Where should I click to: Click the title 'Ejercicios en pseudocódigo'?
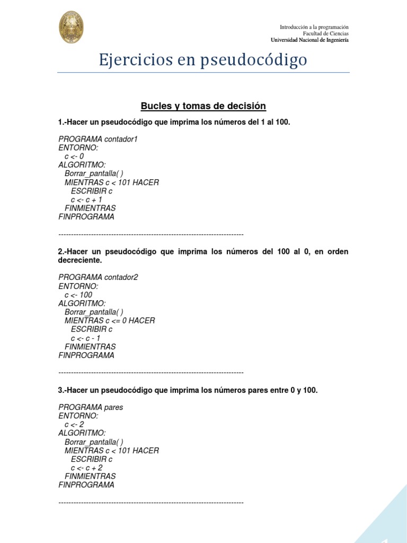(203, 60)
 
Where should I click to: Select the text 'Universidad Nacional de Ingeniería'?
(309, 40)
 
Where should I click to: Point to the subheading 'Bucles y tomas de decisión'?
(203, 106)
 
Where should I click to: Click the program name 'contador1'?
(121, 139)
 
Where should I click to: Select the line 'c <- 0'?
(74, 156)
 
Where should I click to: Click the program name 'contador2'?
(121, 277)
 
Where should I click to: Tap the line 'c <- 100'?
(78, 295)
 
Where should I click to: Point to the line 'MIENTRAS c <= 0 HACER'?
(110, 321)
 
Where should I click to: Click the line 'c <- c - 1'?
(85, 338)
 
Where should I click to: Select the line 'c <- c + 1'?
(86, 200)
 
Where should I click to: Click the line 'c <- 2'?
(74, 425)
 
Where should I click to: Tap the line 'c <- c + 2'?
(86, 468)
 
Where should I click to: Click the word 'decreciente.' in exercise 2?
(79, 260)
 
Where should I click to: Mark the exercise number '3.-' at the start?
(63, 390)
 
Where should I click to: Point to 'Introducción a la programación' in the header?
(314, 27)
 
